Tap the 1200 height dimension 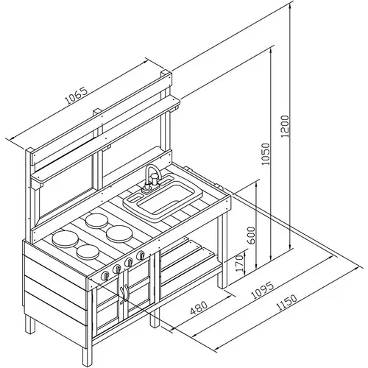(x=286, y=127)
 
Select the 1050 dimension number (x=266, y=154)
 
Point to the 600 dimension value (x=251, y=236)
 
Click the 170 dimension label (x=240, y=263)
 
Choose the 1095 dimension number (x=263, y=291)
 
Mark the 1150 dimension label (x=286, y=303)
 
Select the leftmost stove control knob (x=105, y=275)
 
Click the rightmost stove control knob (x=141, y=255)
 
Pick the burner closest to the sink (x=119, y=233)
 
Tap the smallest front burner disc (x=88, y=252)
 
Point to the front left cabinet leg (x=86, y=355)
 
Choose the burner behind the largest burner (x=97, y=220)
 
